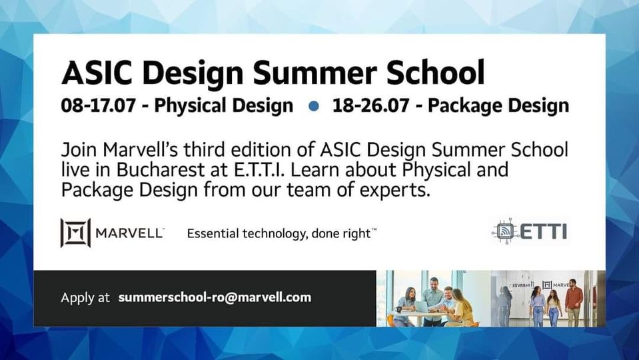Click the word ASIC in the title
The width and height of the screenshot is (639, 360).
tap(97, 72)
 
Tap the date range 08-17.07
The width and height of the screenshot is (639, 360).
tap(98, 105)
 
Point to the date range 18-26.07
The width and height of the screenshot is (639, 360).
tap(371, 105)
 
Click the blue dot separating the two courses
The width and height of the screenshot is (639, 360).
tap(314, 106)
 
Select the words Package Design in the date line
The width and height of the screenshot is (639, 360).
tap(498, 106)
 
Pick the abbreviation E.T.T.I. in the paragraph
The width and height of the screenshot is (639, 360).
tap(259, 169)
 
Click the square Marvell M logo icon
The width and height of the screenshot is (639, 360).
tap(75, 233)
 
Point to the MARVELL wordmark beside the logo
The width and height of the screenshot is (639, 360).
tap(129, 233)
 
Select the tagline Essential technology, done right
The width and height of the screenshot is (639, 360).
tap(281, 233)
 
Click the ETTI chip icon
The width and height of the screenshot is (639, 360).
tap(505, 231)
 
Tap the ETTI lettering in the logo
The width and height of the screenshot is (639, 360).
tap(544, 231)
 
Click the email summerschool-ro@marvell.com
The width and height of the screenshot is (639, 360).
tap(215, 297)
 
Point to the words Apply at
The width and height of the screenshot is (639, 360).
tap(85, 297)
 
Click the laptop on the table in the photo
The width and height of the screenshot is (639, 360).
tap(422, 307)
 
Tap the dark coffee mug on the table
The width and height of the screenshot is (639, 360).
tap(398, 309)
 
